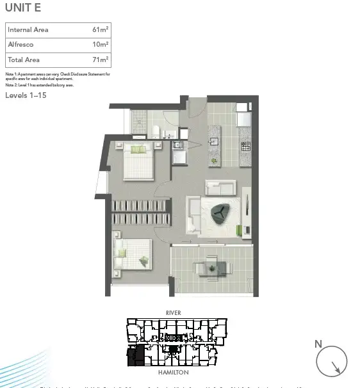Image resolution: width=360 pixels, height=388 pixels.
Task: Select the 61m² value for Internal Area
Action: point(100,30)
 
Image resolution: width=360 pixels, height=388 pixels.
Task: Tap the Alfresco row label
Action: point(20,45)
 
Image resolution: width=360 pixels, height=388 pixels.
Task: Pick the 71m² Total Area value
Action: point(100,60)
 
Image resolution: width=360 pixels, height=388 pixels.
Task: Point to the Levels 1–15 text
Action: point(26,95)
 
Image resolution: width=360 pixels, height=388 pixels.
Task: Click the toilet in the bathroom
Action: point(154,131)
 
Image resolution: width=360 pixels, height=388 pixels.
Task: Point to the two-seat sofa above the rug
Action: point(220,188)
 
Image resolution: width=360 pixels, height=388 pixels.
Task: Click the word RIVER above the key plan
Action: point(173,313)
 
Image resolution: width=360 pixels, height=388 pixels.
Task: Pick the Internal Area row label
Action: point(28,30)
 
